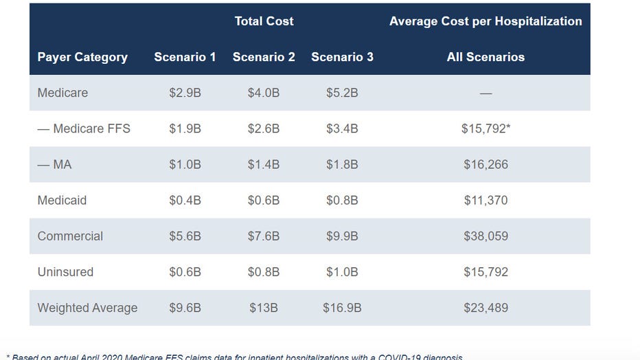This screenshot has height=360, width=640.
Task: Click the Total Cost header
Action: pos(264,21)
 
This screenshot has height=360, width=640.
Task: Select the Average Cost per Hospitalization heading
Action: pos(485,21)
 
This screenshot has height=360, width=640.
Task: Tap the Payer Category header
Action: pos(82,57)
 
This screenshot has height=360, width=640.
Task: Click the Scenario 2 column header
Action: pos(264,57)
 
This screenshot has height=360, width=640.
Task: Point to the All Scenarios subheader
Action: pos(485,57)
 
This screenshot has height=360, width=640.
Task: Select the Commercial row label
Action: pos(70,236)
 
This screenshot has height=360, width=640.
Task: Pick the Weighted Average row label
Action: pos(87,308)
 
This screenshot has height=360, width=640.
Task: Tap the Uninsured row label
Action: pos(65,272)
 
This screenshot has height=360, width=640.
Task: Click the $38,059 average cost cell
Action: pos(485,236)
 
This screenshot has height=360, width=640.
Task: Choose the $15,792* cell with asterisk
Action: pos(485,128)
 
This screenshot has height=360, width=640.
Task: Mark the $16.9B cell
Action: pos(342,308)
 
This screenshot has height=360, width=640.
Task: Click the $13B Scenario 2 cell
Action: pos(264,308)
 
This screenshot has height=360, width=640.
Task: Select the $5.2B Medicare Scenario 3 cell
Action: pos(342,93)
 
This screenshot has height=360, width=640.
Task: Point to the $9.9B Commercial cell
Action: pos(342,236)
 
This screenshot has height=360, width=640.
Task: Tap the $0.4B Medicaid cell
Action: pos(185,200)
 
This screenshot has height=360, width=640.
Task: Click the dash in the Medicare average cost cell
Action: pos(485,93)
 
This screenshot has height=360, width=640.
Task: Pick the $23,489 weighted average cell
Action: pos(485,308)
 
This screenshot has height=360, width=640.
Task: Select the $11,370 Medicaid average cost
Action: pos(485,200)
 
